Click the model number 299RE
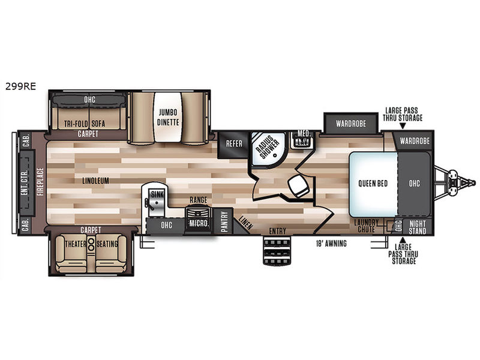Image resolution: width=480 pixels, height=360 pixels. point(20,86)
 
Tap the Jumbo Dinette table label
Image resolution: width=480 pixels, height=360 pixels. point(168,117)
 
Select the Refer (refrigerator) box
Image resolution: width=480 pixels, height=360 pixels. point(234,143)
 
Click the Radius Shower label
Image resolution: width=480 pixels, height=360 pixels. point(267,147)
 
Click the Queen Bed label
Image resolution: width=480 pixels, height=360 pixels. point(373,184)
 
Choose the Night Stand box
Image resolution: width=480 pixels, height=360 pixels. point(417,227)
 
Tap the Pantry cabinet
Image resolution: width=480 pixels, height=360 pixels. point(224,221)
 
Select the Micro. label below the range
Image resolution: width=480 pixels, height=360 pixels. point(199,223)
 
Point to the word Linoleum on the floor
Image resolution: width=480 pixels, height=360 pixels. point(95,181)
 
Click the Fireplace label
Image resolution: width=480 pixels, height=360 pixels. point(41,182)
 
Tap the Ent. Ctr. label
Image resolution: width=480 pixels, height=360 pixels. point(25,182)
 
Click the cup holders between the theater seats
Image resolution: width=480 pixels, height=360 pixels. point(91,244)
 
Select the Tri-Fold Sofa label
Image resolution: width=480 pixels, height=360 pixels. point(85,124)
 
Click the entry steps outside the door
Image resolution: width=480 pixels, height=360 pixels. point(277,251)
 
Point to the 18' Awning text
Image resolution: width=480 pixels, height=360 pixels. point(331,244)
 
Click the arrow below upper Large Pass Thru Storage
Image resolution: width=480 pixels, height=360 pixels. point(403,126)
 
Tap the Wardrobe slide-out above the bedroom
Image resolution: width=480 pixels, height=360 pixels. point(351,124)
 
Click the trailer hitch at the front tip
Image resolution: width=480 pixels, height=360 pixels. point(457,182)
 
